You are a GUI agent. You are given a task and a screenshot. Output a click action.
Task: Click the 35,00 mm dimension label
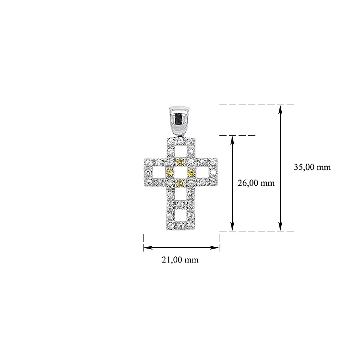312,167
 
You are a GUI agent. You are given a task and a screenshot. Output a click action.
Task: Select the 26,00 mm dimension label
256,183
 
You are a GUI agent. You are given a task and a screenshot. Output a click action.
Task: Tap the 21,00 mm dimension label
180,260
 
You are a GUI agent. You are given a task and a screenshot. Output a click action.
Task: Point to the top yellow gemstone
180,162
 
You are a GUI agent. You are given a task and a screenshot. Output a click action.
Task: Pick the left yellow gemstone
169,173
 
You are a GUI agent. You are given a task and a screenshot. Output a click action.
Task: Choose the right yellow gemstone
191,173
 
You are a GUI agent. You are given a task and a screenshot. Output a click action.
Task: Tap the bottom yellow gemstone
180,183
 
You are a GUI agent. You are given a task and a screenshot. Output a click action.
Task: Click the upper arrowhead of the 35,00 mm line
280,109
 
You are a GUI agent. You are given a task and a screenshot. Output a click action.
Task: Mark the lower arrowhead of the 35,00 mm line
280,227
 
